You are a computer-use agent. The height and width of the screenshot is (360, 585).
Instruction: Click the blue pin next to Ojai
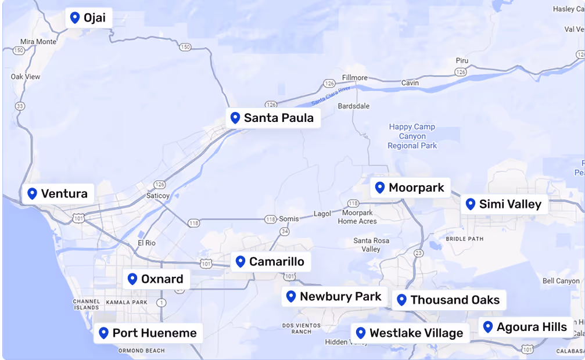click(74, 17)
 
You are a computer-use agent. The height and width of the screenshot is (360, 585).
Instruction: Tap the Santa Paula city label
click(278, 118)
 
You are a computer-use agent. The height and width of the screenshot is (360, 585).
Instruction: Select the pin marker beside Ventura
click(33, 193)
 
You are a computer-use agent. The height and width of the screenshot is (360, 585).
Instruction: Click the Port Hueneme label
click(155, 333)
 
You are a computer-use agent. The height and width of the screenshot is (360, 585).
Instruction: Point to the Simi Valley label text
click(509, 204)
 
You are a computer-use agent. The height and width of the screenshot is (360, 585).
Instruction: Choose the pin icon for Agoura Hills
click(488, 327)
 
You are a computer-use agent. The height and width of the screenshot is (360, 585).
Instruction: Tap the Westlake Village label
click(416, 333)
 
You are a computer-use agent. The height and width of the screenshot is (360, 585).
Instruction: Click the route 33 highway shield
click(20, 106)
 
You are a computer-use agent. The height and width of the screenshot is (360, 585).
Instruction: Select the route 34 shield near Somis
click(284, 231)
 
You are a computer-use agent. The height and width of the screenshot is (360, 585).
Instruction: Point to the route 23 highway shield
click(418, 253)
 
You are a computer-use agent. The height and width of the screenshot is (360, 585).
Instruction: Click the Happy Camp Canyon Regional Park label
click(412, 136)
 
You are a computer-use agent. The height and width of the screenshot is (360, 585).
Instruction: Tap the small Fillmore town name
click(354, 78)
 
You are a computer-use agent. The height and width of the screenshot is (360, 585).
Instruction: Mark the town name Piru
click(462, 60)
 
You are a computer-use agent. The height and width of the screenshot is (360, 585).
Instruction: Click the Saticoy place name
click(157, 196)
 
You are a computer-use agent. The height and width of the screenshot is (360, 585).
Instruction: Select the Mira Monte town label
click(38, 42)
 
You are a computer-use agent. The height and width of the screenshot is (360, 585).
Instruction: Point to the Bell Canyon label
click(561, 281)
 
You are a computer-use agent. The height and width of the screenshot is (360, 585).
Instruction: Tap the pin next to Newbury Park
click(291, 297)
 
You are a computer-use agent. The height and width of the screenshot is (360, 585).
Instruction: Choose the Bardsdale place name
click(353, 106)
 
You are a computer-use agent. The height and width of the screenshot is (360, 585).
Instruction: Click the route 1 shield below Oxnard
click(161, 302)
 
